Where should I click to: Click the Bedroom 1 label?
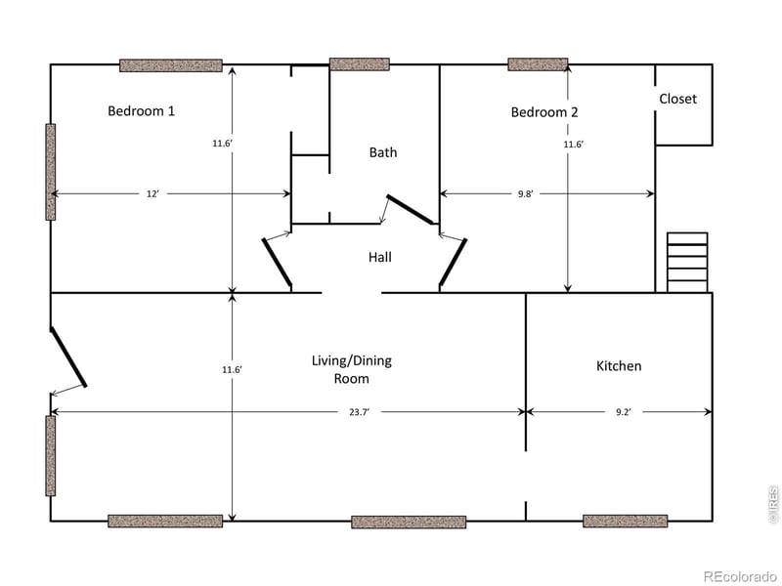tap(141, 110)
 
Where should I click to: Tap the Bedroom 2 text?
tap(544, 112)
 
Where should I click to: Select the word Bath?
tap(383, 152)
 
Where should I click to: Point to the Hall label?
tap(380, 257)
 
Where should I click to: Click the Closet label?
tap(677, 99)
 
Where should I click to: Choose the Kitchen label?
tap(619, 365)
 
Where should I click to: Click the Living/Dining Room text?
tap(351, 369)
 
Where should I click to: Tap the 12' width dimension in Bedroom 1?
tap(152, 193)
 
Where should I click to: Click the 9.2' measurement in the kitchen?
tap(623, 412)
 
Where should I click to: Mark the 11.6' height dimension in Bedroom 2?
tap(573, 145)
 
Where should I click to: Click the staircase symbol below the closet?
tap(687, 262)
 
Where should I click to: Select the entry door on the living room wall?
tap(68, 357)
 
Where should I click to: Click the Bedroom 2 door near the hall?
tap(453, 262)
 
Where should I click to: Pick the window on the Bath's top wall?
tap(359, 64)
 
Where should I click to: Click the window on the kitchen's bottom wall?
tap(625, 521)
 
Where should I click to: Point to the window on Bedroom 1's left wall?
tap(51, 171)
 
